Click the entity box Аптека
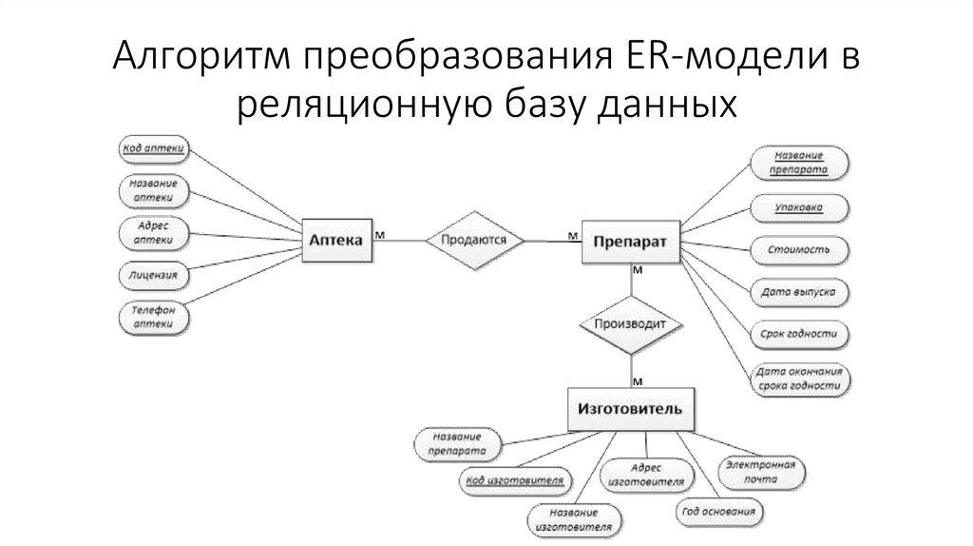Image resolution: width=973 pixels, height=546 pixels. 337,241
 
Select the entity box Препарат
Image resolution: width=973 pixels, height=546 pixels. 629,243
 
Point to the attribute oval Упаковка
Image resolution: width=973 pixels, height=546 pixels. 798,205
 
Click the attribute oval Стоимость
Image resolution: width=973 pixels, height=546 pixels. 798,250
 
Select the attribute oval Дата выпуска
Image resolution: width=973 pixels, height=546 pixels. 798,292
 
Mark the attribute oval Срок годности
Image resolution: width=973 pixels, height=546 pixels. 798,335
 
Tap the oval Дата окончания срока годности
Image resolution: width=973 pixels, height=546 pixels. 798,380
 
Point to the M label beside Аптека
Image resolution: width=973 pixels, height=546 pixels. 380,232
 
